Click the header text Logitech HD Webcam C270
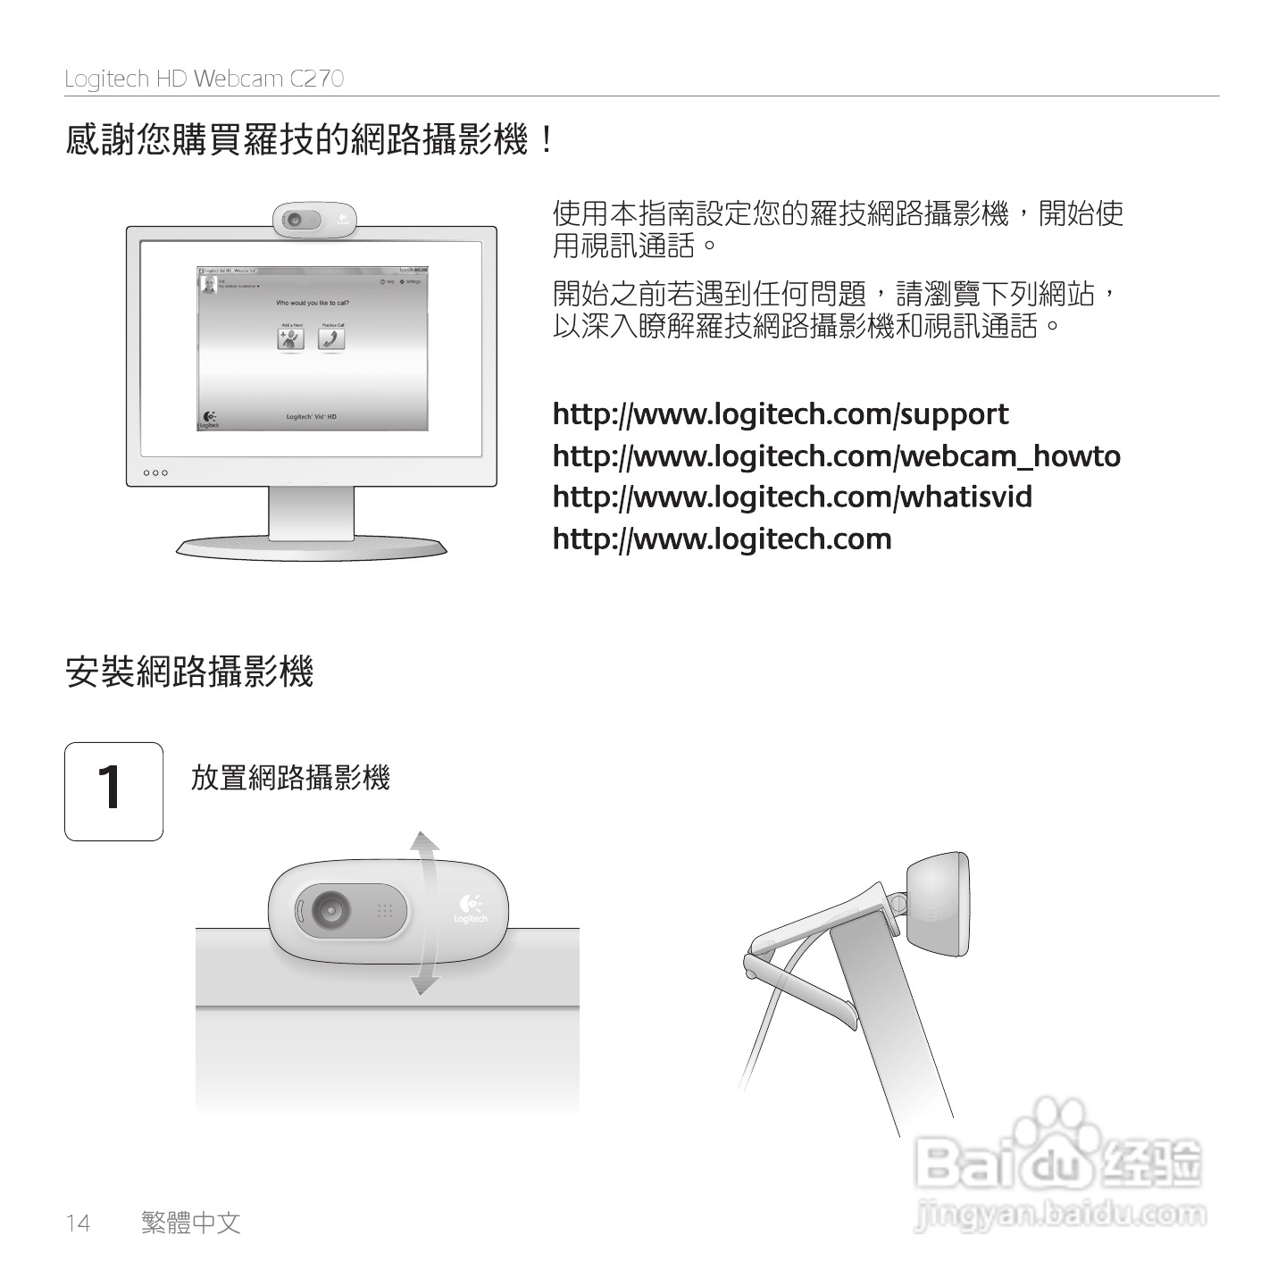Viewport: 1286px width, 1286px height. pos(204,79)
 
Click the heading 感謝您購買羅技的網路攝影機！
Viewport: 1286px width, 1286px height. pos(310,140)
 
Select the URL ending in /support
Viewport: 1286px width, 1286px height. pos(780,414)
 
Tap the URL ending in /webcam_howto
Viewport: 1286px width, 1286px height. pos(836,456)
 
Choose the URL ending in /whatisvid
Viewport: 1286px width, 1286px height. pos(792,497)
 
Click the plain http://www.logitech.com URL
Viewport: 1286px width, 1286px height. pos(722,539)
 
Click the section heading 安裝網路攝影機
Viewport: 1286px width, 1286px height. pos(189,672)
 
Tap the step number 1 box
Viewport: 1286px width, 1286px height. pos(113,791)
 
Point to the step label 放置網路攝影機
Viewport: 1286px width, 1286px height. pos(290,778)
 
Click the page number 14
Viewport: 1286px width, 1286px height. pos(78,1223)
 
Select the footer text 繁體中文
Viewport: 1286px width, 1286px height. pos(191,1223)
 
